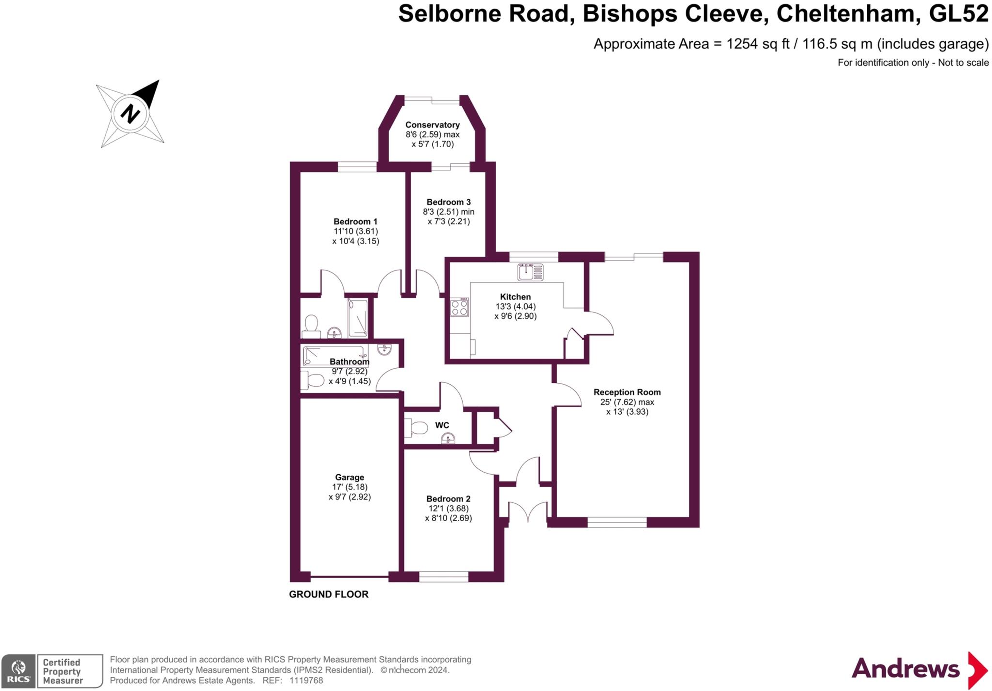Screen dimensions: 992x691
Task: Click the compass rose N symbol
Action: coord(130,114)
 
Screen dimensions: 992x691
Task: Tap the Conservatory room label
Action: coord(433,125)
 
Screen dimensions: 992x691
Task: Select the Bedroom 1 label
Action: coord(356,222)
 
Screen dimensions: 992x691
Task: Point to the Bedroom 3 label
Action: coord(449,202)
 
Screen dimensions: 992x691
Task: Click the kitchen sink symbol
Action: coord(530,272)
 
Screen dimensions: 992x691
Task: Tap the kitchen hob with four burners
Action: coord(460,307)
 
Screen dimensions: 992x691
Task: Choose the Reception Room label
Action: coord(627,392)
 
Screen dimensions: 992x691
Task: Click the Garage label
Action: coord(349,477)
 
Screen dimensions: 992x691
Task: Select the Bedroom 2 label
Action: coord(449,499)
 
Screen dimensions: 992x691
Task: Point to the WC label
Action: coord(442,425)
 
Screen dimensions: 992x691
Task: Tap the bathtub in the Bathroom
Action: coord(333,355)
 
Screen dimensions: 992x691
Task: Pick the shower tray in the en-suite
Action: coord(358,318)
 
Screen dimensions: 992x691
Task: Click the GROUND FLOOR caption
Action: coord(329,594)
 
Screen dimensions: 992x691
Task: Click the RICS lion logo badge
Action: coord(18,671)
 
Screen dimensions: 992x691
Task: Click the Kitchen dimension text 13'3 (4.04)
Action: coord(515,307)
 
